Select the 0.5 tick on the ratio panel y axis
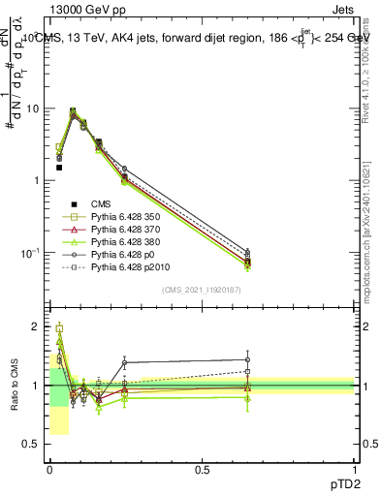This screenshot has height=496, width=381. tap(32, 445)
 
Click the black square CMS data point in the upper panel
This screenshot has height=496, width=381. tap(59, 168)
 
